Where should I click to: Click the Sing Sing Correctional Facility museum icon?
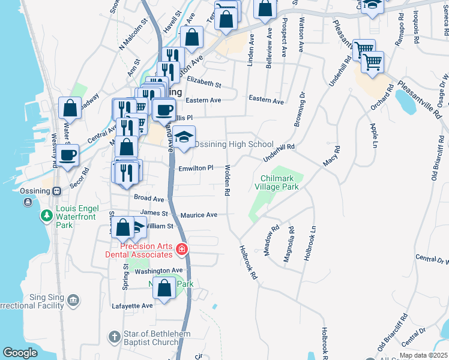click(73, 299)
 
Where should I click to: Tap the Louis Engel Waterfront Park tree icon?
click(46, 215)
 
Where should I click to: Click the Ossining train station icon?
click(56, 191)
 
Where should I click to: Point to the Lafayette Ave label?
click(132, 305)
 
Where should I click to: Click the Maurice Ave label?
click(199, 214)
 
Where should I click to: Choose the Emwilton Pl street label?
click(196, 169)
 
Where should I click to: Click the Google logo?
click(20, 353)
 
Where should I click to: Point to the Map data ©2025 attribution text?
click(423, 356)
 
